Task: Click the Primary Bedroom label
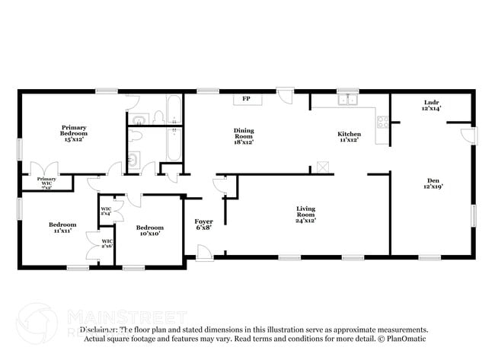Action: [x=74, y=133]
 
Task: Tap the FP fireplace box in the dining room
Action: [x=245, y=99]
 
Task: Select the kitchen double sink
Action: [x=348, y=99]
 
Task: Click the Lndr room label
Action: [x=432, y=106]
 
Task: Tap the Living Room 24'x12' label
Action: [x=305, y=214]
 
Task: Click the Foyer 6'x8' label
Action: [x=203, y=224]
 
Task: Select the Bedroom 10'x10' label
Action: [x=149, y=231]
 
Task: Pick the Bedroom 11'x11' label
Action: [x=62, y=227]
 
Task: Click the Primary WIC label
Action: [x=46, y=181]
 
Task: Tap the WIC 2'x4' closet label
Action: [x=106, y=211]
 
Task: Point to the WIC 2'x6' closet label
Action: [x=106, y=244]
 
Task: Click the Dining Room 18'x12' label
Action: [x=244, y=136]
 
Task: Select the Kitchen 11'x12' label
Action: [x=349, y=137]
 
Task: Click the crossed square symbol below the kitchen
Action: [x=323, y=167]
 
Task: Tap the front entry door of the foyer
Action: [x=203, y=253]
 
